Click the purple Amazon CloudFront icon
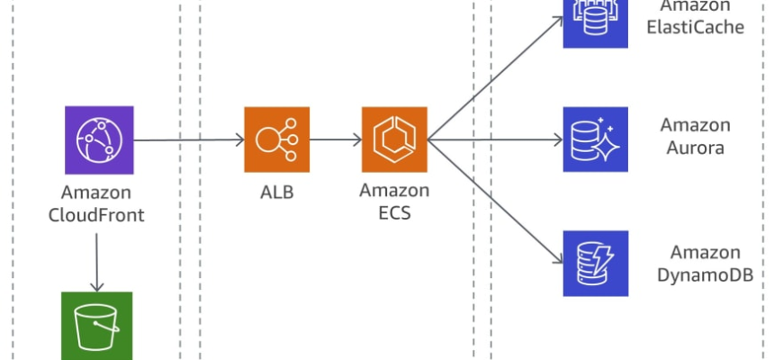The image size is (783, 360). pyautogui.click(x=99, y=139)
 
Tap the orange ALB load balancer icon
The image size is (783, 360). pyautogui.click(x=276, y=139)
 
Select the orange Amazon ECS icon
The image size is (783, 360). pyautogui.click(x=394, y=139)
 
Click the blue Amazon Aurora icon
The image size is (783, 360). pyautogui.click(x=595, y=139)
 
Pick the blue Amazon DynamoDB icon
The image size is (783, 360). pyautogui.click(x=595, y=263)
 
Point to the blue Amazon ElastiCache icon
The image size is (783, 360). pyautogui.click(x=595, y=22)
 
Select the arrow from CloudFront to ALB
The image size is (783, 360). pyautogui.click(x=189, y=139)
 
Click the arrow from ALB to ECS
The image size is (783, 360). pyautogui.click(x=336, y=139)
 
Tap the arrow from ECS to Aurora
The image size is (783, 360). pyautogui.click(x=495, y=139)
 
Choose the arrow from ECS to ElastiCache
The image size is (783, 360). pyautogui.click(x=495, y=76)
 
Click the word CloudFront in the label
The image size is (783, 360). pyautogui.click(x=96, y=216)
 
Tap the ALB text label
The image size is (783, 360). pyautogui.click(x=275, y=193)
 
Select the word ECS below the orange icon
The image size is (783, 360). pyautogui.click(x=394, y=215)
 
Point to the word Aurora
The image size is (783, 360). pyautogui.click(x=696, y=148)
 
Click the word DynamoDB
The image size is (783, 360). pyautogui.click(x=705, y=274)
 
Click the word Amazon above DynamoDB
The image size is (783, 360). pyautogui.click(x=706, y=252)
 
